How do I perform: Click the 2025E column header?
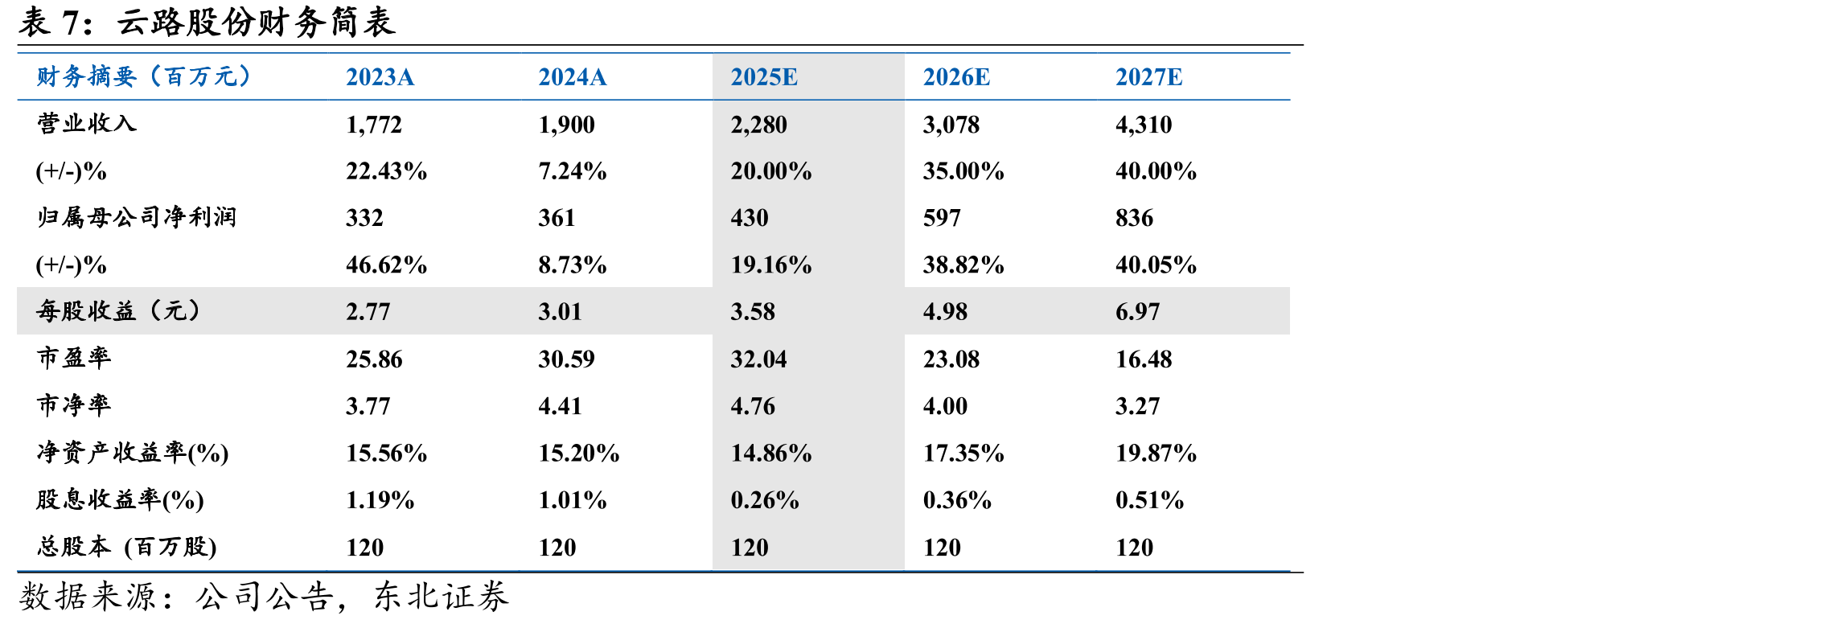click(763, 77)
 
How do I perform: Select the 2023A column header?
click(380, 77)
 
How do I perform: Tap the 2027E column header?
click(1148, 77)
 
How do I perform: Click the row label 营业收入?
click(87, 123)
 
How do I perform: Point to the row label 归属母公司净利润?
click(137, 217)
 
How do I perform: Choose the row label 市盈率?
click(74, 358)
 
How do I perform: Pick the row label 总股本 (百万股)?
click(127, 547)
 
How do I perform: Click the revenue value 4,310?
click(1144, 125)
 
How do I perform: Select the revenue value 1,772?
click(374, 125)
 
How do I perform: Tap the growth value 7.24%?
click(572, 171)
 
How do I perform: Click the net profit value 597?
click(942, 218)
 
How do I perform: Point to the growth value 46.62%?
click(386, 265)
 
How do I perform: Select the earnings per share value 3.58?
click(753, 312)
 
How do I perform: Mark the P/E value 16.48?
click(1144, 359)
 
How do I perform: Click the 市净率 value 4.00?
click(945, 406)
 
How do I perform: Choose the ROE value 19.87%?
click(1156, 454)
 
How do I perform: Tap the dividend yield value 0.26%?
click(764, 500)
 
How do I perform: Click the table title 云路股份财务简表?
click(257, 22)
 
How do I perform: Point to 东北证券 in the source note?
click(441, 597)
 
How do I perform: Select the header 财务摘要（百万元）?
click(145, 76)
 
